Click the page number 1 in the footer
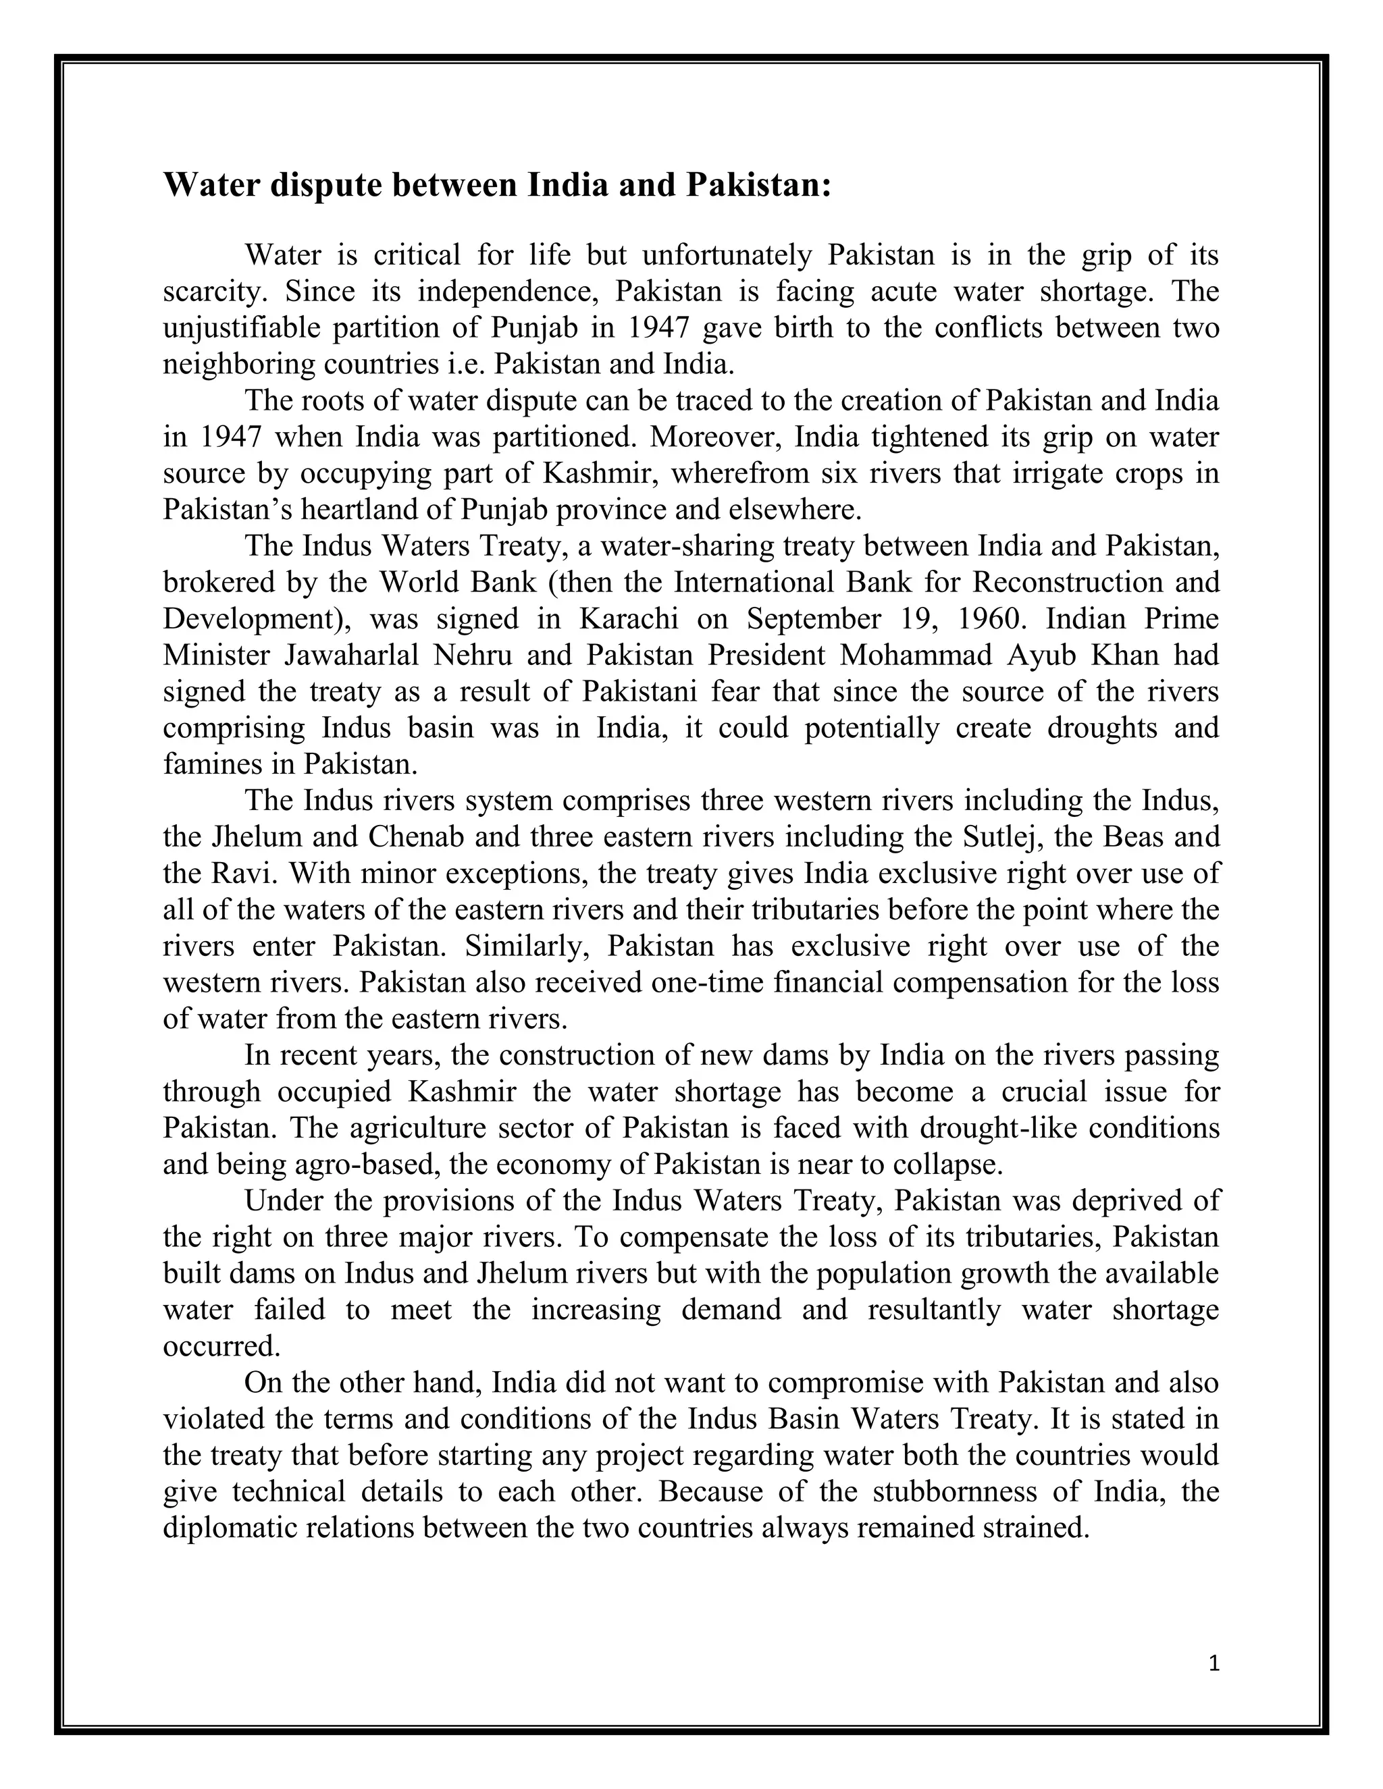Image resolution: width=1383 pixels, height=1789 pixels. [1214, 1663]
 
